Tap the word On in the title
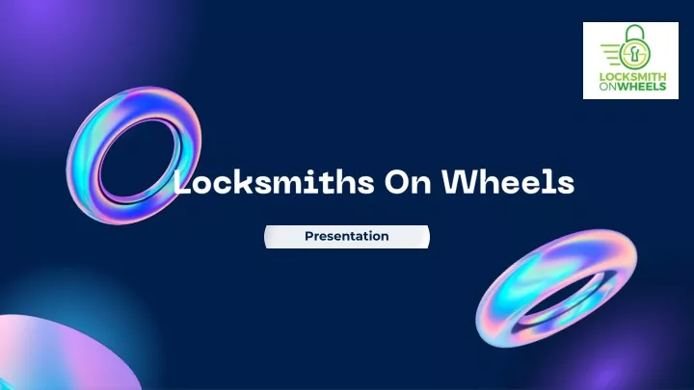point(408,182)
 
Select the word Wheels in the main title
point(508,181)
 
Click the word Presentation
point(347,236)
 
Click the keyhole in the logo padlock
point(635,54)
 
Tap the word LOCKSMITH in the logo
point(632,77)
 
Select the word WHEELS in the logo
point(641,87)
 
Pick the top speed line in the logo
point(611,45)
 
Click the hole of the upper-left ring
point(140,163)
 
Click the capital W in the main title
point(460,181)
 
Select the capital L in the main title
point(181,181)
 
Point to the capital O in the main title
point(396,182)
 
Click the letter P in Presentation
point(309,236)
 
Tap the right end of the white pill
point(428,237)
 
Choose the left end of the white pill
point(266,237)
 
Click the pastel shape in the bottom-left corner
point(58,353)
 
